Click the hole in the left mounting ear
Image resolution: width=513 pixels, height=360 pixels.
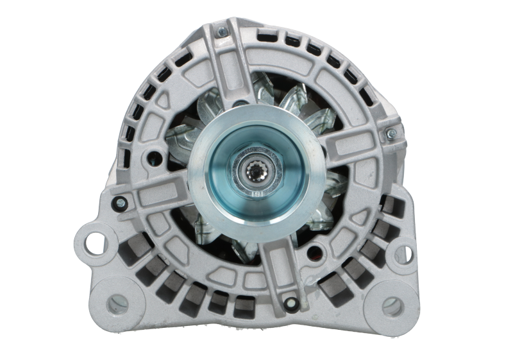(x=90, y=241)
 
